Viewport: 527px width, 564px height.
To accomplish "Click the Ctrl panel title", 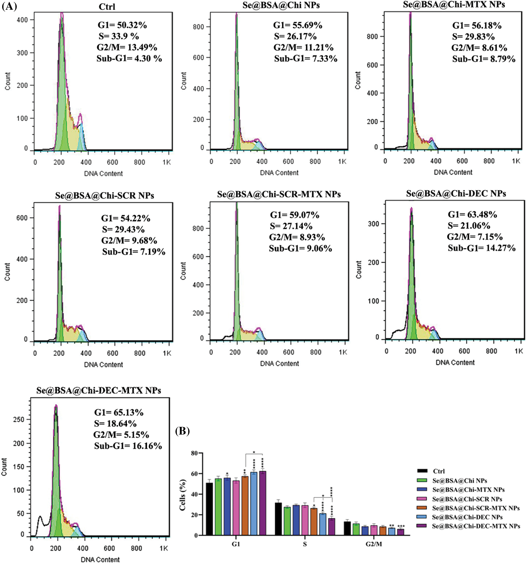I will pos(107,6).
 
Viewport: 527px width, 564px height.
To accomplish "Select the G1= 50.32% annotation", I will pos(122,25).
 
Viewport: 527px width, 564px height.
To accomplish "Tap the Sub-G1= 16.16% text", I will pos(128,446).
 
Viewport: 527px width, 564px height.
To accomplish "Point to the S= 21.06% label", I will pos(469,226).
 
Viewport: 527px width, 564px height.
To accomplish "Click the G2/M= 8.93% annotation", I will pos(297,237).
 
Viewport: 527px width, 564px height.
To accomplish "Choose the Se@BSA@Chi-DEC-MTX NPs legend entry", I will pos(476,526).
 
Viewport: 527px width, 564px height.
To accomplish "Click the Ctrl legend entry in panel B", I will pos(439,471).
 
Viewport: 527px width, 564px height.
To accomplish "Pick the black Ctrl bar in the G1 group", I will pos(209,509).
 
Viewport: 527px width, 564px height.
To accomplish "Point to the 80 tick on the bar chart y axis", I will pos(194,453).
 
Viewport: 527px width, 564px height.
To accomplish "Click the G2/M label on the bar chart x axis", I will pos(374,544).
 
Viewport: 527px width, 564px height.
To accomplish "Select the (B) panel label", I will pos(182,431).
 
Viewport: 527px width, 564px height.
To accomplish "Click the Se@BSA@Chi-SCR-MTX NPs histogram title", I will pos(279,194).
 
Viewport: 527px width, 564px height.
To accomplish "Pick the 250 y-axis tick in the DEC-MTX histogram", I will pos(19,420).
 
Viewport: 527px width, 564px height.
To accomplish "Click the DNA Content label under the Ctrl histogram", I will pos(103,174).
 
